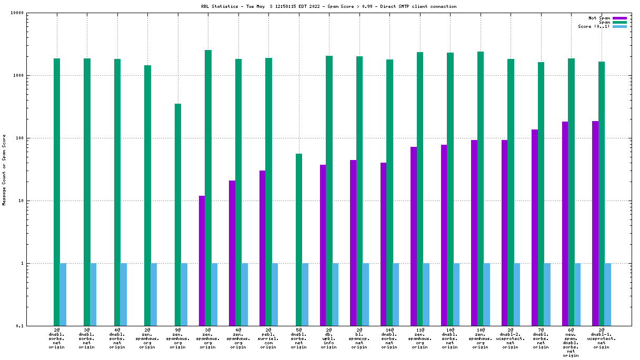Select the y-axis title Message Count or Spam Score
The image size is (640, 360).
point(4,169)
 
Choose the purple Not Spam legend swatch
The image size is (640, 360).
point(619,18)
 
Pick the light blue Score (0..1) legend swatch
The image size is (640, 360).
point(619,26)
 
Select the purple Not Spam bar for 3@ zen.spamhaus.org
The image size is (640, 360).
point(202,261)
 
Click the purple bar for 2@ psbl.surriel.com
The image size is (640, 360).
point(262,248)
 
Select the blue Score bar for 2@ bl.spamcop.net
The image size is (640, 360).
point(366,294)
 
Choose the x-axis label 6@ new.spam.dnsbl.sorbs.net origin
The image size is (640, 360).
point(571,343)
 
